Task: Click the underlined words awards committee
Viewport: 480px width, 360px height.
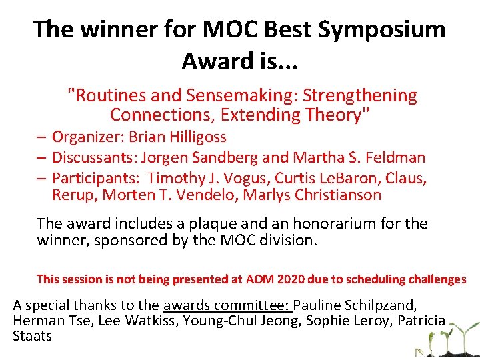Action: (227, 305)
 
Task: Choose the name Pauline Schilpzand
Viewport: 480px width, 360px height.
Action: (355, 305)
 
